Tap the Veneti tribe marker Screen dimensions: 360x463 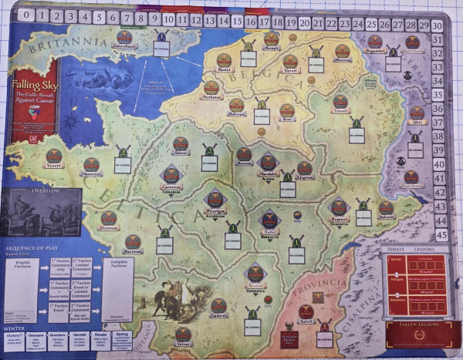[x=53, y=156]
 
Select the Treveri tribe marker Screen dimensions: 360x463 [x=340, y=102]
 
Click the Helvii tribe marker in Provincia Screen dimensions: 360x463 [x=306, y=312]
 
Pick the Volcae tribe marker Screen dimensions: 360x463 [x=184, y=335]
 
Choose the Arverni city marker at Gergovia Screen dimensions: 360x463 [x=255, y=273]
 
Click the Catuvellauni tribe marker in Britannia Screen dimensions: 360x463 [x=123, y=37]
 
